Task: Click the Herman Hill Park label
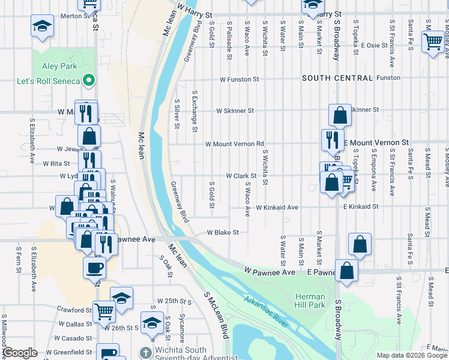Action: pos(310,301)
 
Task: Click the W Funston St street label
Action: pos(239,79)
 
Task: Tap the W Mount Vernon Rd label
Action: pos(235,144)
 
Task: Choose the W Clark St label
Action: pos(241,176)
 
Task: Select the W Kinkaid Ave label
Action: pos(277,208)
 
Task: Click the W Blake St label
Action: pos(223,232)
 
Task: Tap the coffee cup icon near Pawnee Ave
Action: pos(95,267)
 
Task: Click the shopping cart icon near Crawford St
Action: pos(104,311)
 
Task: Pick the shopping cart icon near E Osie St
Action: pos(433,41)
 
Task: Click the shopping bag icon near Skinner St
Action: pos(340,115)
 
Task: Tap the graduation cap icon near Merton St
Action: pos(43,26)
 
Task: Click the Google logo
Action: pos(20,353)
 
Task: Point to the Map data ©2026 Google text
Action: pos(412,355)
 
